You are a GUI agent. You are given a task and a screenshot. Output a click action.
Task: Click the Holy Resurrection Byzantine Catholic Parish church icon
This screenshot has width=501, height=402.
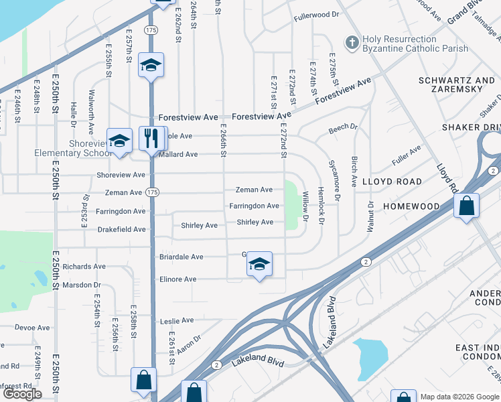click(x=352, y=44)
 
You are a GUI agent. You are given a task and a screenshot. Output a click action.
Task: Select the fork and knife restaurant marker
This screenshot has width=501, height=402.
click(x=151, y=139)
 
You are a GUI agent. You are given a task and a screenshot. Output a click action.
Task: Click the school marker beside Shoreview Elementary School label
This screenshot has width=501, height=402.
click(x=120, y=141)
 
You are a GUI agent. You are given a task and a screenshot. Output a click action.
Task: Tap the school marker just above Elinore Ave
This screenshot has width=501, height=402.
click(x=259, y=265)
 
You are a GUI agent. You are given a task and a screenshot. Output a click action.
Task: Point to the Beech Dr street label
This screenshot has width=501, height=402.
click(x=344, y=129)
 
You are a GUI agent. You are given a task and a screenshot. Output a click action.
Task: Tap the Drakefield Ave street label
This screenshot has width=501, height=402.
click(x=121, y=229)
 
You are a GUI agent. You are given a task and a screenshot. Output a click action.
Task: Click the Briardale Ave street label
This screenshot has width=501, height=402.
click(x=181, y=257)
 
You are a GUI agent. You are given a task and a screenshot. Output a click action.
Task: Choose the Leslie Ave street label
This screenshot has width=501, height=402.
click(x=177, y=321)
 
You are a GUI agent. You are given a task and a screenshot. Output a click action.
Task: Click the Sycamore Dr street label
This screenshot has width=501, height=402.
click(x=336, y=184)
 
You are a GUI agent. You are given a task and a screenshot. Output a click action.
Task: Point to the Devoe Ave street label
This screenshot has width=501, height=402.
click(x=33, y=328)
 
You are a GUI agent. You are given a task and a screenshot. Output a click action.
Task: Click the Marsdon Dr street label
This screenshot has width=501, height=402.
click(x=81, y=285)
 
